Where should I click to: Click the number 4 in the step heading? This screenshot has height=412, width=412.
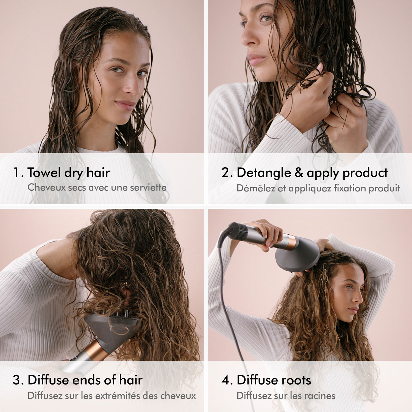[226, 380]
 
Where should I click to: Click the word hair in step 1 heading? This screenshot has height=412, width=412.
[98, 172]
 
